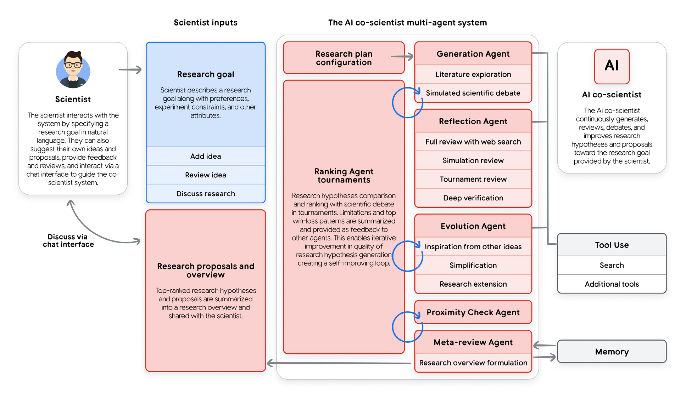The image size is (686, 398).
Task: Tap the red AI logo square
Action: click(612, 66)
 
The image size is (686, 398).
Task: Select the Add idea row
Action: click(206, 156)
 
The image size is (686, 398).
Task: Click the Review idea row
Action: click(206, 175)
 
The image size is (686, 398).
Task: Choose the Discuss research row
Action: click(206, 194)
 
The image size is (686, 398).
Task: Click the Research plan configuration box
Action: click(344, 58)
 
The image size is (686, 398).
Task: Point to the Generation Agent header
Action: click(473, 54)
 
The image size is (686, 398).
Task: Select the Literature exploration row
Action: click(473, 74)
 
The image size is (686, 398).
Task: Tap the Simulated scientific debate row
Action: click(473, 93)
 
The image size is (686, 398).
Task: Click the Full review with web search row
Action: click(473, 142)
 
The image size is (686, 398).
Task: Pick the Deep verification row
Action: click(473, 198)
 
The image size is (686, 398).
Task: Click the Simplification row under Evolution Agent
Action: click(473, 265)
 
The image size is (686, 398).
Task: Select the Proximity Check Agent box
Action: click(473, 312)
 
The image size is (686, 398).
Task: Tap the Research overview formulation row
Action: click(473, 363)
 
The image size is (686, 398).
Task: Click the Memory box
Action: click(612, 352)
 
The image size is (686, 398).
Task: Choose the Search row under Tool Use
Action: click(612, 265)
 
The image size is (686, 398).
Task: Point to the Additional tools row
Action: click(612, 284)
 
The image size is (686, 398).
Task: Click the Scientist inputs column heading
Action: click(206, 23)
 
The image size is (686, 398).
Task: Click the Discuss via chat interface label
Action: click(68, 240)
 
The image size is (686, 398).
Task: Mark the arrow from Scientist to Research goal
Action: click(130, 70)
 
